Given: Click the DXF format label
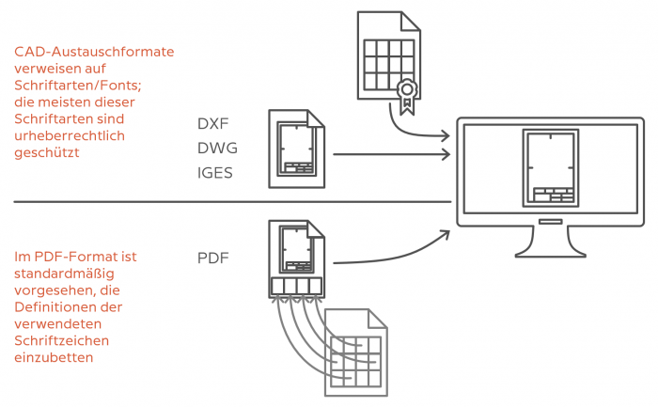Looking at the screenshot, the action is point(212,124).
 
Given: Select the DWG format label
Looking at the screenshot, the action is point(217,149).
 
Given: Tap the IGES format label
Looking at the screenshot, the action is point(215,173).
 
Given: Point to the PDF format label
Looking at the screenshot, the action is point(212,258).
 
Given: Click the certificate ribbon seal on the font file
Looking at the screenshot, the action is point(407,96).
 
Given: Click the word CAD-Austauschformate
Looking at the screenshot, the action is point(94,52).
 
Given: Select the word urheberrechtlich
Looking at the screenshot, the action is point(70,135).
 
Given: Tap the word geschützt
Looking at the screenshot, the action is point(47,152).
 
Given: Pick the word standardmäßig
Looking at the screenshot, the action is point(64,274).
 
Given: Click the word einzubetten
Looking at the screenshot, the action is point(54,357).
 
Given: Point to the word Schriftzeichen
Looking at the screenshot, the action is point(62,340).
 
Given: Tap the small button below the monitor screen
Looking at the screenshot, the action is point(550,222).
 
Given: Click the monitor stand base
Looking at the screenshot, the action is point(550,253).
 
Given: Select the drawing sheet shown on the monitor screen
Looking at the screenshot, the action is point(551,168).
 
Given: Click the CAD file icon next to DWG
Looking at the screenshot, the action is point(297,149).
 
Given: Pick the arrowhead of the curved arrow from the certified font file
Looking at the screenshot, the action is point(446,135).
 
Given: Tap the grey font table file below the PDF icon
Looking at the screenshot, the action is point(356,352).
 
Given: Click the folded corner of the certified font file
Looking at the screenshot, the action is point(411,22).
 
